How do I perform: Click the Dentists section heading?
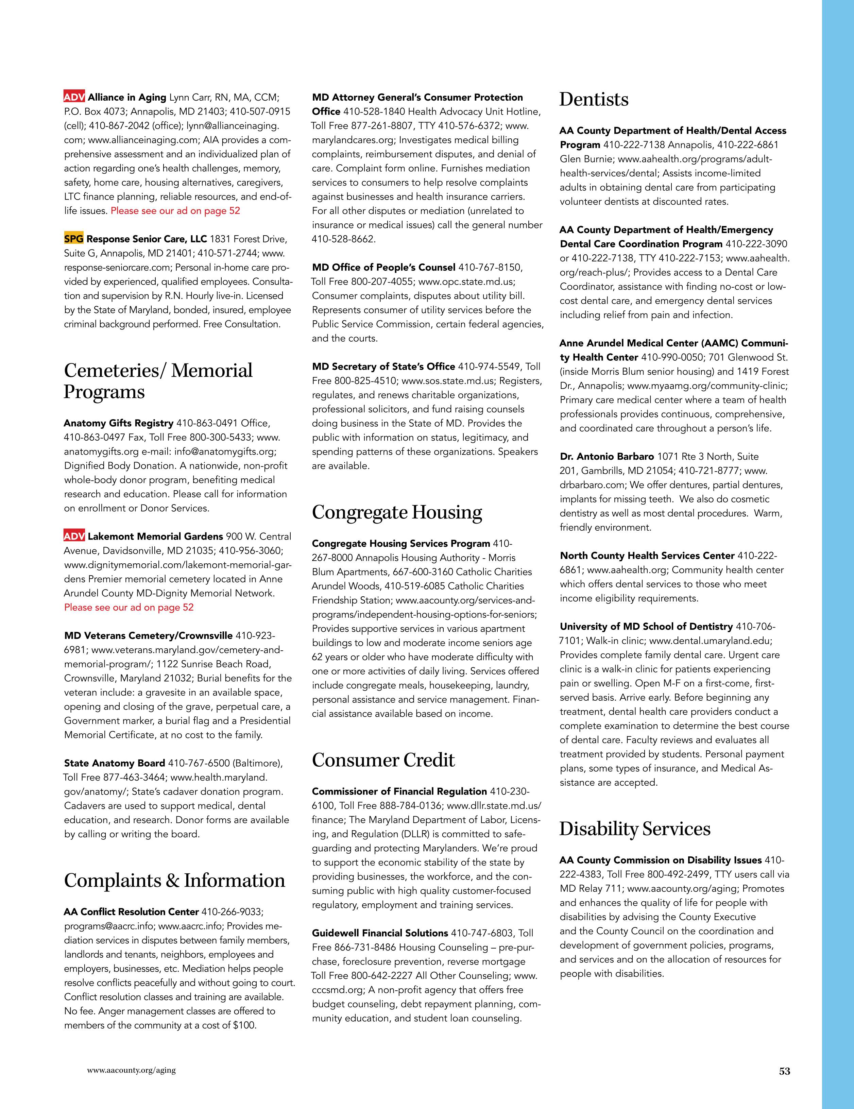(x=594, y=100)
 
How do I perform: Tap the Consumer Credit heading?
(x=383, y=760)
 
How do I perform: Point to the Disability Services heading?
(x=635, y=829)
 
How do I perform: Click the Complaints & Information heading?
(x=174, y=881)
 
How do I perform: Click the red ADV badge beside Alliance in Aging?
(x=74, y=97)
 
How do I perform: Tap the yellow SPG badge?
(x=74, y=239)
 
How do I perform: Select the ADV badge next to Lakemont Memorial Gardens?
(x=74, y=536)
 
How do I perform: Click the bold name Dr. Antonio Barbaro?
(x=607, y=457)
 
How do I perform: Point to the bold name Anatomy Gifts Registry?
(x=118, y=423)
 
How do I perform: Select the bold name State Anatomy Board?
(x=114, y=763)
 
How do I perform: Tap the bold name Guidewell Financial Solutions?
(x=380, y=933)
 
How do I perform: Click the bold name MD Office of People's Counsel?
(x=383, y=267)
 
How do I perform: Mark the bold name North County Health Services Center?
(x=647, y=556)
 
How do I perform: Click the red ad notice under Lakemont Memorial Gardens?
(x=129, y=607)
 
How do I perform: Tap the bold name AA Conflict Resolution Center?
(x=132, y=912)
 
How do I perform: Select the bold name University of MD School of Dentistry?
(x=646, y=627)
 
